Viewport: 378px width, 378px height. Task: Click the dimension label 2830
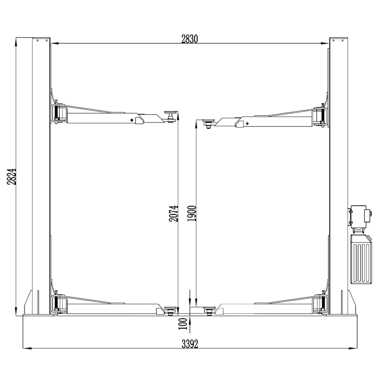tap(190, 39)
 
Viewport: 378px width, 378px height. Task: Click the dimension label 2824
tap(12, 176)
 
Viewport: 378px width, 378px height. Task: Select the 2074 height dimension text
tap(174, 214)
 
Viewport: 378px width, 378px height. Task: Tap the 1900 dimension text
tap(192, 213)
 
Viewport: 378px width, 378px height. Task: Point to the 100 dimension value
tap(183, 324)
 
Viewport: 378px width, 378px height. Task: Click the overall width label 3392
tap(190, 344)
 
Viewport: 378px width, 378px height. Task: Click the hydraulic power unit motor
tap(360, 216)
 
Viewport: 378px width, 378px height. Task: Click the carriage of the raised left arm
tap(59, 114)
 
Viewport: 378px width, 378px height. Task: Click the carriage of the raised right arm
tap(320, 117)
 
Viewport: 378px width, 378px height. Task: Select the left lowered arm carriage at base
tap(59, 304)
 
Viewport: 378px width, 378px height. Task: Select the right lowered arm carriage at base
tap(320, 304)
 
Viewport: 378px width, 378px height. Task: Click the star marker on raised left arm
tap(132, 120)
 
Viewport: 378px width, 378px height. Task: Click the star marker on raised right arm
tap(247, 123)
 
